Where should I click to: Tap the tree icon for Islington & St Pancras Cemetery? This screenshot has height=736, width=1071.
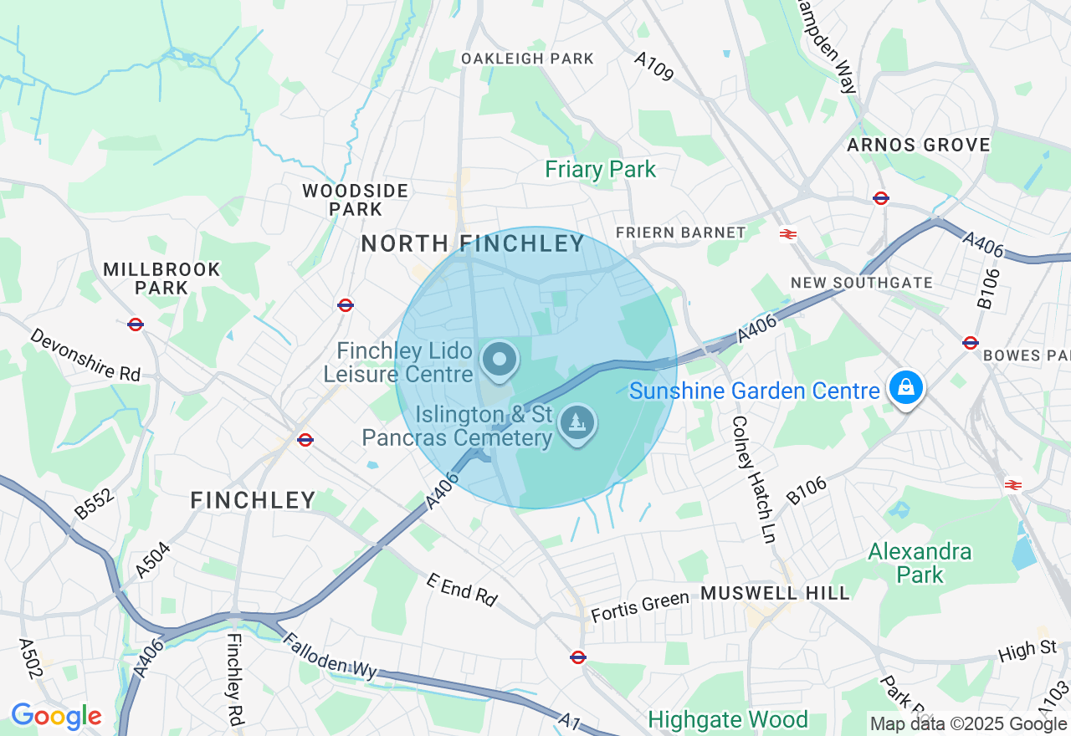(x=577, y=423)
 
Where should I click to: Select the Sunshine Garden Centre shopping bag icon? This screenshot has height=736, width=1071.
(x=905, y=388)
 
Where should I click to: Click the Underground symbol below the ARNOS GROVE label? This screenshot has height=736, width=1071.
(x=880, y=198)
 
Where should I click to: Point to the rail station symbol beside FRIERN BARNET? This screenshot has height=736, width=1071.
(x=787, y=234)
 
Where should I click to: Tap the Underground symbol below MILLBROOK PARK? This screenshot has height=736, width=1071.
(x=136, y=325)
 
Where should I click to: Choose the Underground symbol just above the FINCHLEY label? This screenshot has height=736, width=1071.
(x=305, y=439)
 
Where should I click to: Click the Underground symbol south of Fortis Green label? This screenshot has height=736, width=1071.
(x=577, y=657)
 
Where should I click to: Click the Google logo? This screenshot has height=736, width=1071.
(x=56, y=717)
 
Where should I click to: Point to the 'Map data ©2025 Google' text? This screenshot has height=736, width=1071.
(x=968, y=724)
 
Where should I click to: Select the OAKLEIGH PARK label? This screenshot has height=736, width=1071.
(x=527, y=59)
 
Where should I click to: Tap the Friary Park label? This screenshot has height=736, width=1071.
(x=600, y=170)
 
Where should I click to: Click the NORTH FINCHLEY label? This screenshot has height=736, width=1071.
(x=473, y=243)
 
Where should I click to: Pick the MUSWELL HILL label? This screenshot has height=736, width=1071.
(x=775, y=593)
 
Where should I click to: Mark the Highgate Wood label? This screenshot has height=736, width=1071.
(x=728, y=719)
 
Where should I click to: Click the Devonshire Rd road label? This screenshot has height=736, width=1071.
(x=86, y=355)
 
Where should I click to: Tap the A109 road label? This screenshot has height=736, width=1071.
(x=653, y=67)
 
